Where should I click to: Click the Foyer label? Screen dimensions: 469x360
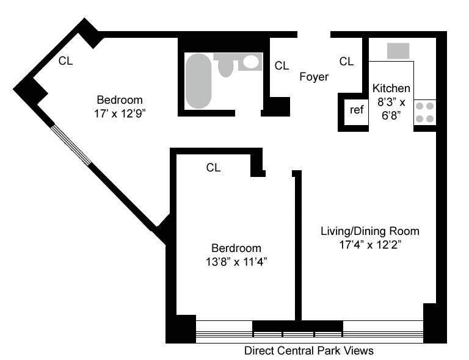(314, 77)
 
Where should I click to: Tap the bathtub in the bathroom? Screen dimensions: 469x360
(198, 81)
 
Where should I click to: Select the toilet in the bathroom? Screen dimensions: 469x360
(225, 65)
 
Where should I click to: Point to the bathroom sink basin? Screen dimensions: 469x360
(250, 62)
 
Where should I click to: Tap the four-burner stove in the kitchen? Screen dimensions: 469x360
(425, 112)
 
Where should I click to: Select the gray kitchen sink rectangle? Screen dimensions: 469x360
(398, 51)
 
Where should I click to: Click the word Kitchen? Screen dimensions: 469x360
(391, 88)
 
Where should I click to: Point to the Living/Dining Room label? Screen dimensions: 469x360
(370, 231)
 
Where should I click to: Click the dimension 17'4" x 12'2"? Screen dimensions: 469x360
(370, 245)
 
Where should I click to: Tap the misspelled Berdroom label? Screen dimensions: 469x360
(236, 248)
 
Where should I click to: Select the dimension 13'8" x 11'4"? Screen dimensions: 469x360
(236, 262)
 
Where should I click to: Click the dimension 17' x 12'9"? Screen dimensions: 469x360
(120, 114)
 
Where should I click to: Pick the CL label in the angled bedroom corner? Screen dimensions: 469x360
(65, 61)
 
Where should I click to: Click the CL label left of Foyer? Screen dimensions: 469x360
(282, 66)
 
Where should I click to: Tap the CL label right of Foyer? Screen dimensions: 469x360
(346, 62)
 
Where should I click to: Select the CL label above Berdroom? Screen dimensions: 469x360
(213, 168)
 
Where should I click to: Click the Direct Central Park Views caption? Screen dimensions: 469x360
(308, 351)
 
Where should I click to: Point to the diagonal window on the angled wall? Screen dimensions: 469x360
(71, 145)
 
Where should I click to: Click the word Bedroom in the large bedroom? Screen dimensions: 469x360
(120, 100)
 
